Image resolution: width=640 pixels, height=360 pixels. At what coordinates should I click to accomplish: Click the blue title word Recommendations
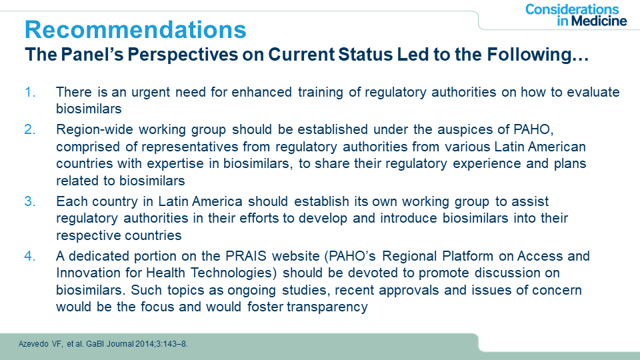[135, 29]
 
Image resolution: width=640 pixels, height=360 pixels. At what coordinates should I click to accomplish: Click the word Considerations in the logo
[572, 9]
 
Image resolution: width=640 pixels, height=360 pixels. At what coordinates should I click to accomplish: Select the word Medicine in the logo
[599, 21]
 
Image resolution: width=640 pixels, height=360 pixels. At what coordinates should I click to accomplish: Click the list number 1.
[30, 92]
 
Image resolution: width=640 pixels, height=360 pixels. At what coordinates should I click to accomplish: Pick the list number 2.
[30, 129]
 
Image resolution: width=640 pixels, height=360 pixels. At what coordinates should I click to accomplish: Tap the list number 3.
[30, 201]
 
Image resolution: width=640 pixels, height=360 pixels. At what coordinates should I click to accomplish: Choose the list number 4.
[30, 256]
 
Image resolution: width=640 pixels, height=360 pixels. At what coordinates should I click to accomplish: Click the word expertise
[175, 164]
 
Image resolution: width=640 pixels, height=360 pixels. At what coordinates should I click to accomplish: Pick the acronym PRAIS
[246, 256]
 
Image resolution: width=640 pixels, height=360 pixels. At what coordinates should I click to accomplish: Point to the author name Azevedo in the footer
[33, 344]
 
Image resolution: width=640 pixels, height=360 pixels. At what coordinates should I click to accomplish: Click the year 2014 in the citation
[143, 344]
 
